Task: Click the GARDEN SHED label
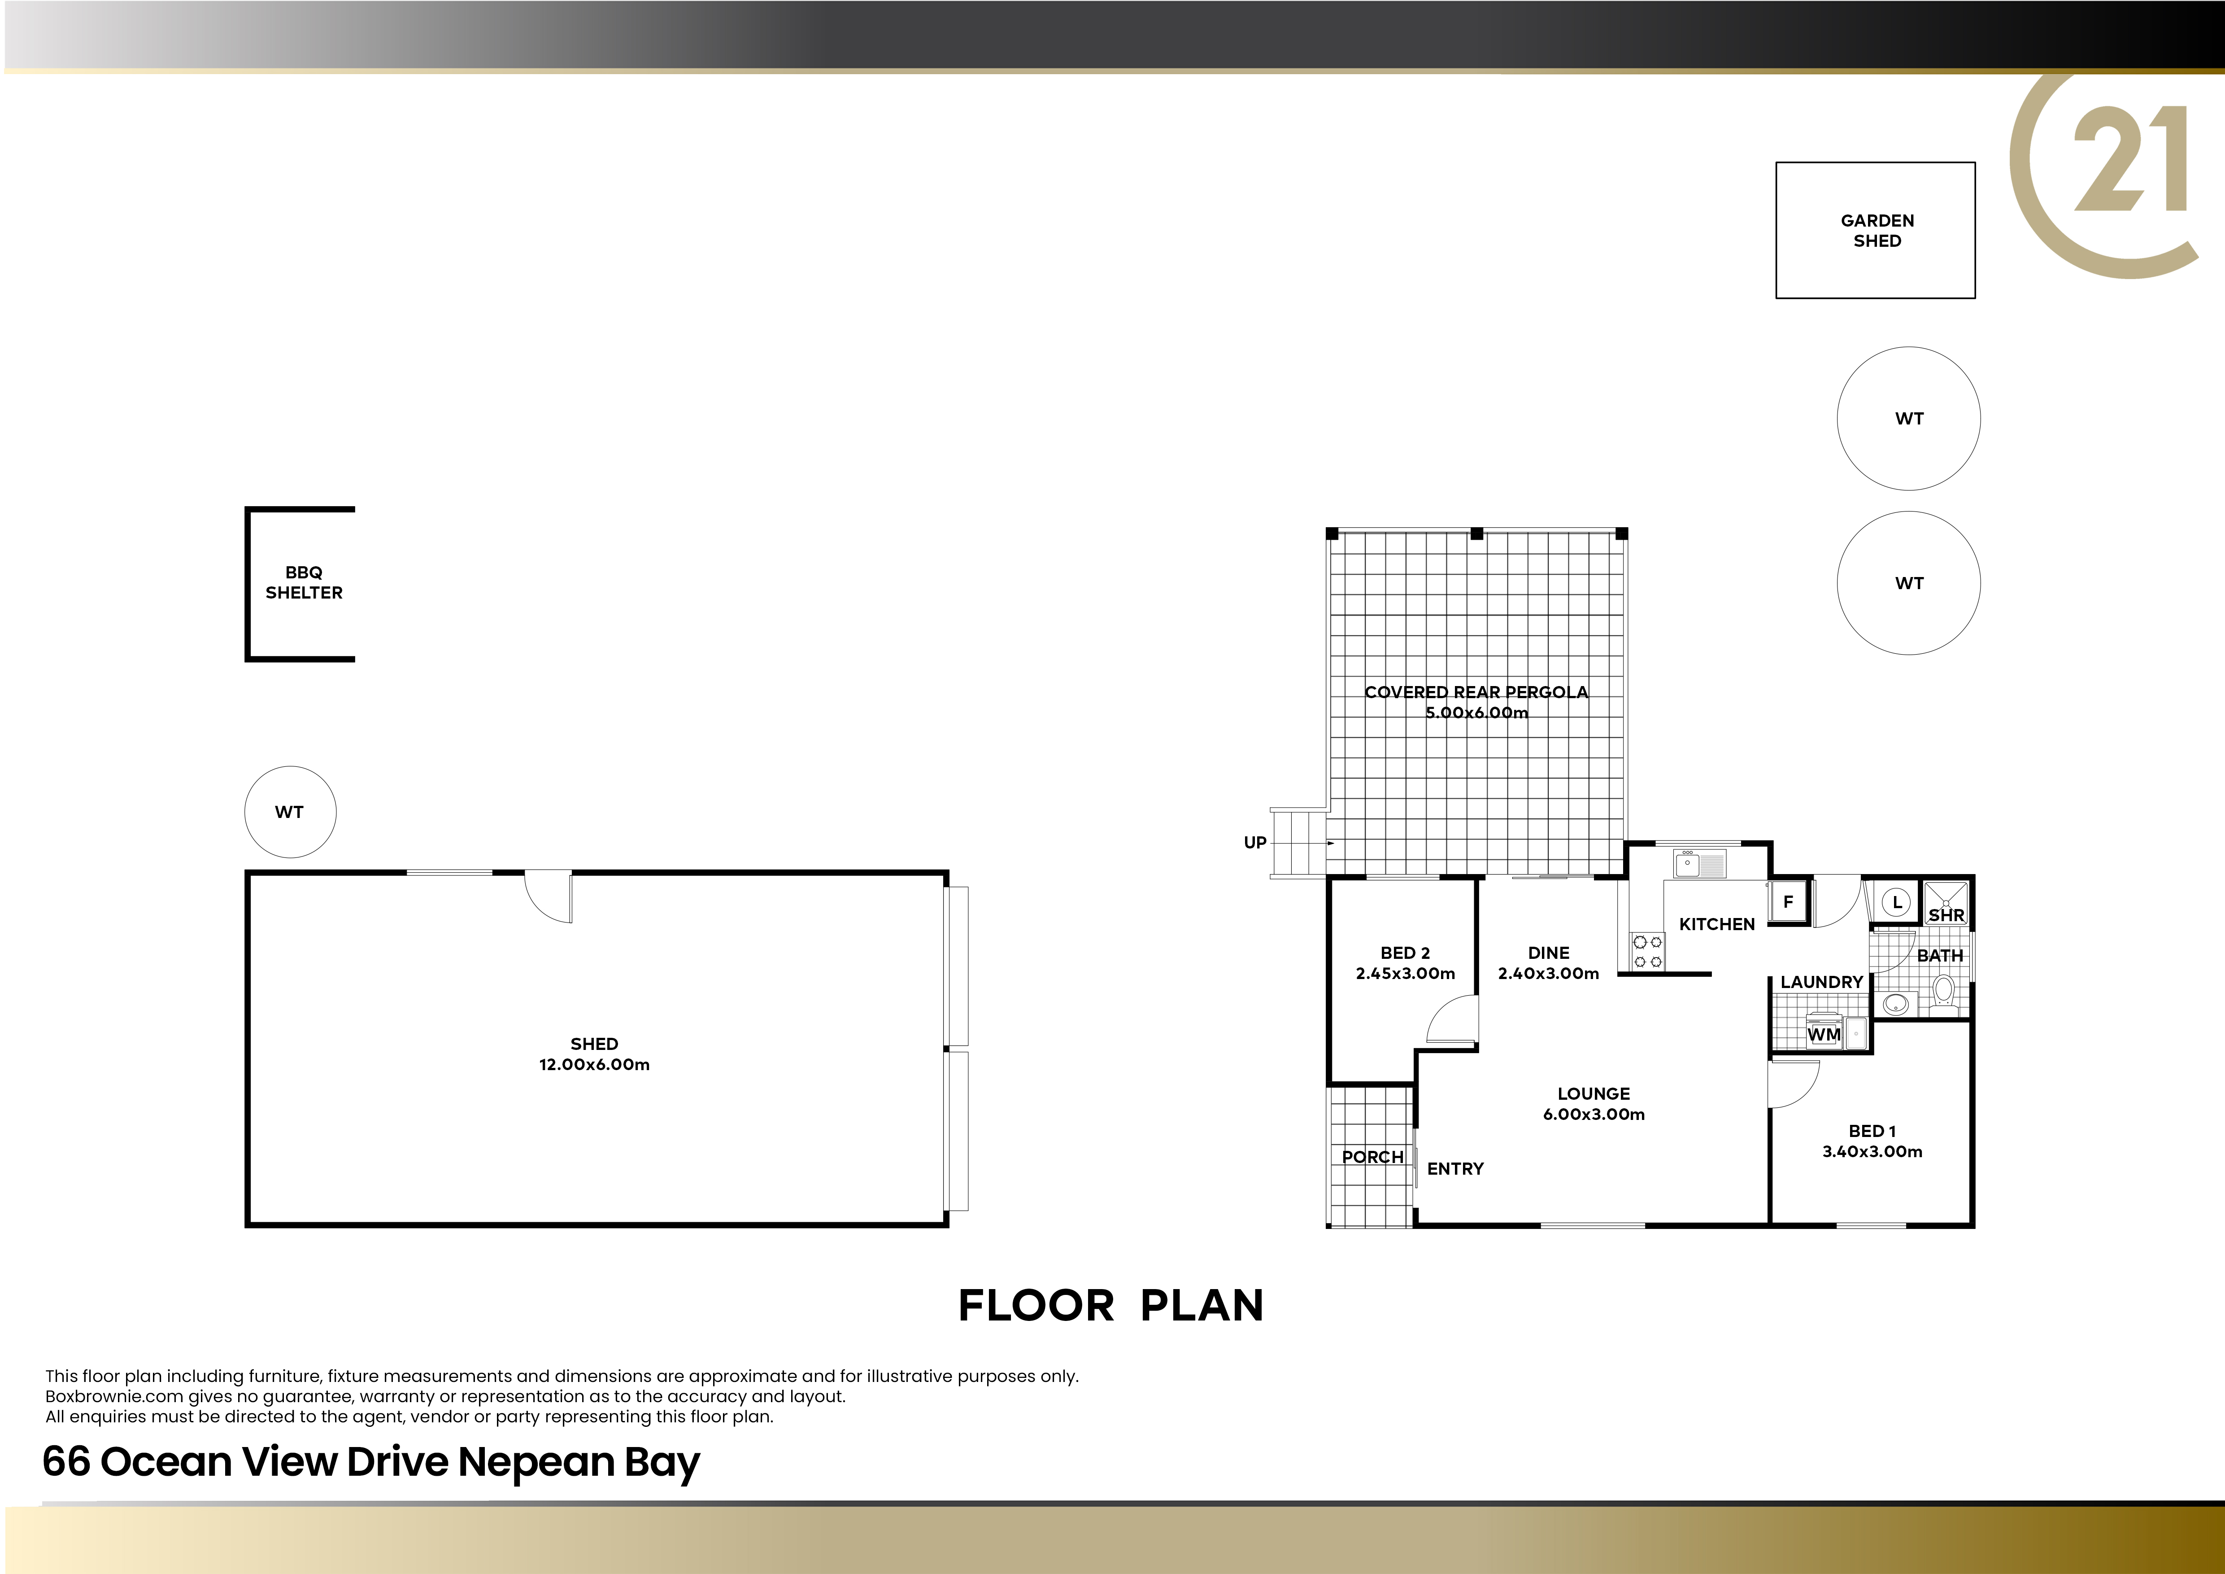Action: tap(1877, 231)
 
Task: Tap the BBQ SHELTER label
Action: tap(304, 582)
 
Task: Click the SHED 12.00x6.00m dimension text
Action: tap(594, 1064)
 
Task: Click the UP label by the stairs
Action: tap(1255, 842)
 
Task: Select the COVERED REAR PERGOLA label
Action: tap(1476, 692)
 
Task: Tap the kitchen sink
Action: tap(1700, 862)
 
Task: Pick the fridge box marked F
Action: tap(1788, 901)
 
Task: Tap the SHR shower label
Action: tap(1946, 915)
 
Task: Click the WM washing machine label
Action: tap(1824, 1034)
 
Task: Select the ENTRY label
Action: tap(1455, 1169)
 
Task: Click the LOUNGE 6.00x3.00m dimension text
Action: tap(1594, 1114)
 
